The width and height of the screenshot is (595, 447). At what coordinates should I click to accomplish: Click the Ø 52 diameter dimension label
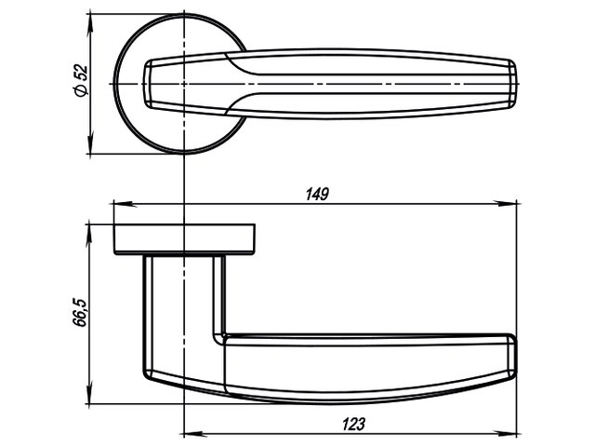pyautogui.click(x=81, y=81)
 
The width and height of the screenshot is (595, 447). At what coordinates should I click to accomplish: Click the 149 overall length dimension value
pyautogui.click(x=317, y=195)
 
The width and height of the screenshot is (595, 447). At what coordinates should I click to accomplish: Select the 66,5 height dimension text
pyautogui.click(x=80, y=313)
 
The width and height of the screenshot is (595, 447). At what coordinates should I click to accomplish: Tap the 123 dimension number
pyautogui.click(x=353, y=424)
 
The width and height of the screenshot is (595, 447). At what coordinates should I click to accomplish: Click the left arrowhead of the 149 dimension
pyautogui.click(x=126, y=204)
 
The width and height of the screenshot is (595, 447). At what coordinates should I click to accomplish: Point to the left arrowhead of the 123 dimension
pyautogui.click(x=195, y=434)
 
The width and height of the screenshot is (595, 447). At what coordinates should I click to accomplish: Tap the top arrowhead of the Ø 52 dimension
pyautogui.click(x=90, y=26)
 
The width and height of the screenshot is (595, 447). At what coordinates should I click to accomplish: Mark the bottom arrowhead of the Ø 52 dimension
pyautogui.click(x=90, y=142)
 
